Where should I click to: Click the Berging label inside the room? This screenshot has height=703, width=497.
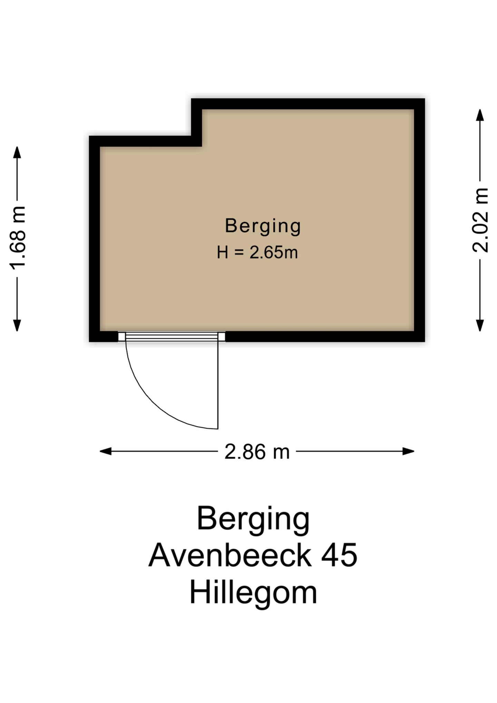click(263, 226)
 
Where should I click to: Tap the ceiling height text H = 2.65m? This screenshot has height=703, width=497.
click(257, 252)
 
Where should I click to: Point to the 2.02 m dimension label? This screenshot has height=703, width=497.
click(480, 220)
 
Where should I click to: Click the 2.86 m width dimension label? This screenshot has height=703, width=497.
click(257, 452)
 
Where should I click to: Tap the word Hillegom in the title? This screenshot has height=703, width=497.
click(253, 593)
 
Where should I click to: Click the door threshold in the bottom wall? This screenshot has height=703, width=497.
click(172, 337)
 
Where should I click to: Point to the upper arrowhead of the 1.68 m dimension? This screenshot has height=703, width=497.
click(17, 152)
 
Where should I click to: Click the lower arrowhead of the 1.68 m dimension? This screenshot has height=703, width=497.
click(17, 326)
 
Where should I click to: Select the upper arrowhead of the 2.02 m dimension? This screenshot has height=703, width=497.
click(480, 115)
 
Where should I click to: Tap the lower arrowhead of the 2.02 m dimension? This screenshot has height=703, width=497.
click(480, 326)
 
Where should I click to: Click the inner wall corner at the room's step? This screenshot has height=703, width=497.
click(202, 146)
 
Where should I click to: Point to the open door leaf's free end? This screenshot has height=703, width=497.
click(218, 428)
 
